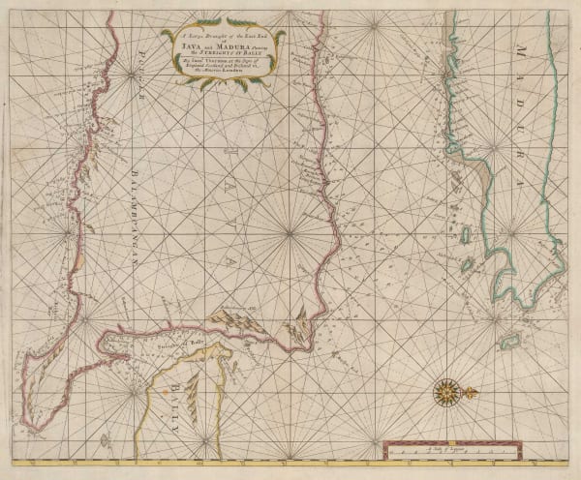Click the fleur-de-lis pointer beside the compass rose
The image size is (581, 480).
472,391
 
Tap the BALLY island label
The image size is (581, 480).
181,399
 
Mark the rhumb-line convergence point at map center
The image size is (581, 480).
290,233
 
